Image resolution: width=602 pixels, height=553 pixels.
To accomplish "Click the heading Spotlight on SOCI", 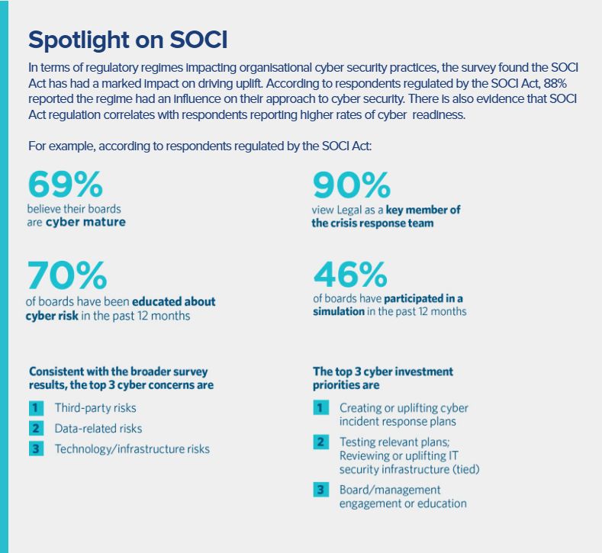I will click(127, 39).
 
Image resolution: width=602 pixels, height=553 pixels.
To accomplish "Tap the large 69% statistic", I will click(66, 185).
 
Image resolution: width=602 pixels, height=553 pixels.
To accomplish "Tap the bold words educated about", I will click(174, 301).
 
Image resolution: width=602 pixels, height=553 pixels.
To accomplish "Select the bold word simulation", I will click(338, 312).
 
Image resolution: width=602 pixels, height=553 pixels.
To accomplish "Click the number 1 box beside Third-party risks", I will click(36, 407).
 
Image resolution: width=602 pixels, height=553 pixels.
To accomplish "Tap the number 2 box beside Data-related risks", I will click(36, 428).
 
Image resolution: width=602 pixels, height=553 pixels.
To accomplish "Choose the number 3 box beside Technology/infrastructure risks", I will click(36, 449).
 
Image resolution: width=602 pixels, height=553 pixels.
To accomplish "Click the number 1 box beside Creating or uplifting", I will click(321, 408).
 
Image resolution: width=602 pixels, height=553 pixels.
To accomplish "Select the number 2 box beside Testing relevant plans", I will click(321, 442).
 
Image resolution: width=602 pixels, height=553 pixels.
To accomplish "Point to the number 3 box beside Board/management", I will click(321, 490).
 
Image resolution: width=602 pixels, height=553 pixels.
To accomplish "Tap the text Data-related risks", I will click(98, 429).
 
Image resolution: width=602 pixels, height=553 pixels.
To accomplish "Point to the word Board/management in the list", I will click(390, 490).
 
